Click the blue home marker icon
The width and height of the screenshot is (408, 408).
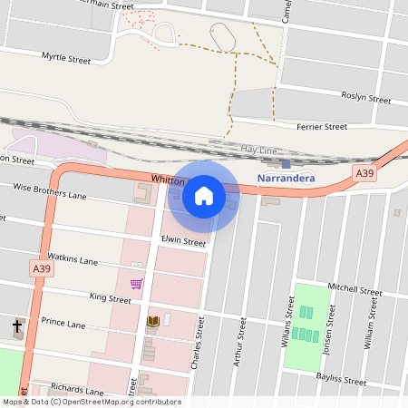(204, 196)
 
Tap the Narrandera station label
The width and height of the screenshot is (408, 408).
(286, 179)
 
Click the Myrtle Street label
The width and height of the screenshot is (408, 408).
(66, 59)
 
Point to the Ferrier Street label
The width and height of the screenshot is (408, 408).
(322, 127)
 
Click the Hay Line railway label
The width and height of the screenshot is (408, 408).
(258, 148)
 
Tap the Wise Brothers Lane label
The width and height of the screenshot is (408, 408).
(50, 191)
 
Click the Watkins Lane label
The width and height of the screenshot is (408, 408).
(73, 260)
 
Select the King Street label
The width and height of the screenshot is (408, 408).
(111, 297)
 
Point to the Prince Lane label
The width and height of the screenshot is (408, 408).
(63, 323)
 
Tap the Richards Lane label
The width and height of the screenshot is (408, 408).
(80, 388)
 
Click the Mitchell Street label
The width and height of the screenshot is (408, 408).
(355, 289)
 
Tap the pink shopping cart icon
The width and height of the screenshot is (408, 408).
(136, 284)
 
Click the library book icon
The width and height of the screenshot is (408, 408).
(153, 322)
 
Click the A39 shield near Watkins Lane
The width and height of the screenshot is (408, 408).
(41, 269)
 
